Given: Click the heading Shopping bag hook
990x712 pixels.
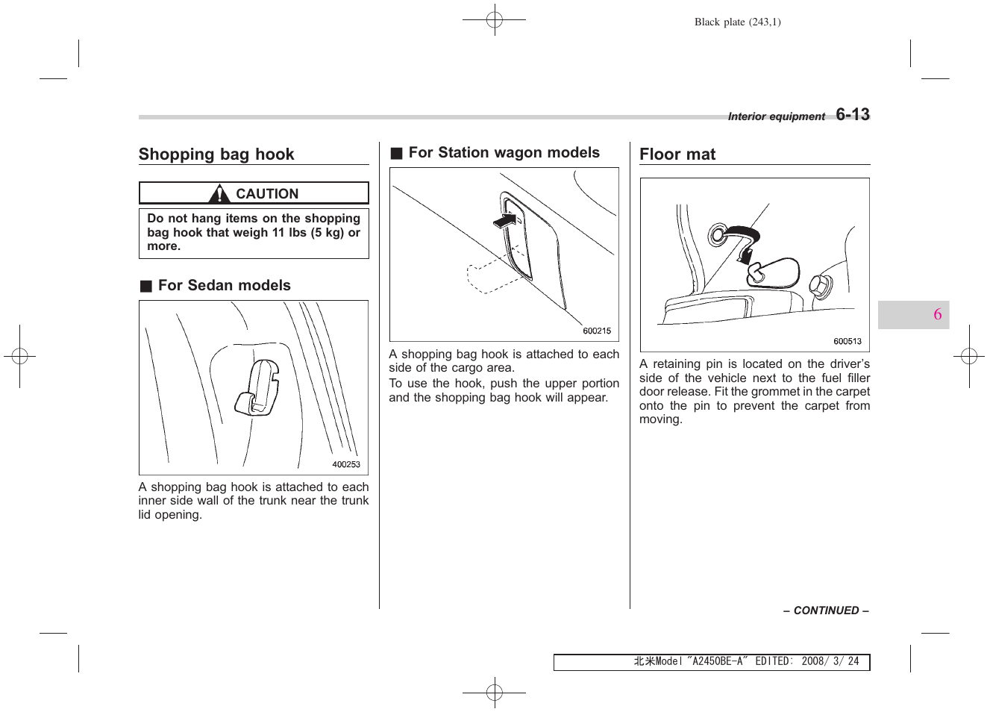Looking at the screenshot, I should [x=216, y=154].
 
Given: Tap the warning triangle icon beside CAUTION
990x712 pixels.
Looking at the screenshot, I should [x=219, y=194].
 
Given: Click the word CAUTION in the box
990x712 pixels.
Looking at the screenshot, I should [x=266, y=194].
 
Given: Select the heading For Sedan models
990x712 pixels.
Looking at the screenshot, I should [x=224, y=286].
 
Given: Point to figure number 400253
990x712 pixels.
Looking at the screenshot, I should [x=345, y=464].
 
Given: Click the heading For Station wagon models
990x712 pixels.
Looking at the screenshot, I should [x=504, y=153].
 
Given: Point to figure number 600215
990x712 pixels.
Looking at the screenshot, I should [x=596, y=331].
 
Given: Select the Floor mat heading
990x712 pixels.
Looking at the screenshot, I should [x=677, y=154].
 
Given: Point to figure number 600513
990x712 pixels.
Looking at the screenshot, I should [x=847, y=342].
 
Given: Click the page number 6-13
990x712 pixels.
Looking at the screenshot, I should [x=852, y=115].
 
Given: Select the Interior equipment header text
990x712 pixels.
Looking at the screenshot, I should [x=776, y=117].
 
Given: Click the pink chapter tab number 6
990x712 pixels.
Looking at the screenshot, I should [x=937, y=314].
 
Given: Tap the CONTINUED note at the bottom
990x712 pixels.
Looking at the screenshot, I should [x=825, y=610].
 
